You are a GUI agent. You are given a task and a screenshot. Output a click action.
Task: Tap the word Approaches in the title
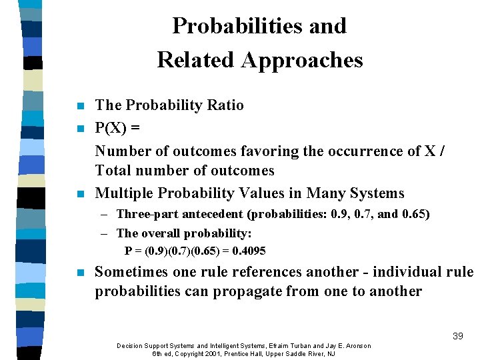coord(302,60)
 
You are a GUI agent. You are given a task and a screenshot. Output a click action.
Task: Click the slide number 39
coord(457,336)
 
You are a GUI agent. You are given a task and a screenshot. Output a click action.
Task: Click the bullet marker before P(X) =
coord(81,128)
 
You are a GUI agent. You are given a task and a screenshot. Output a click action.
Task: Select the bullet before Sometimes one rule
coord(81,273)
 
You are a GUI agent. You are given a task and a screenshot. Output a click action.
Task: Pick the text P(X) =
coord(117,128)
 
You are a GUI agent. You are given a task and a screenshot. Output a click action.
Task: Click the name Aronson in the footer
coord(353,345)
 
